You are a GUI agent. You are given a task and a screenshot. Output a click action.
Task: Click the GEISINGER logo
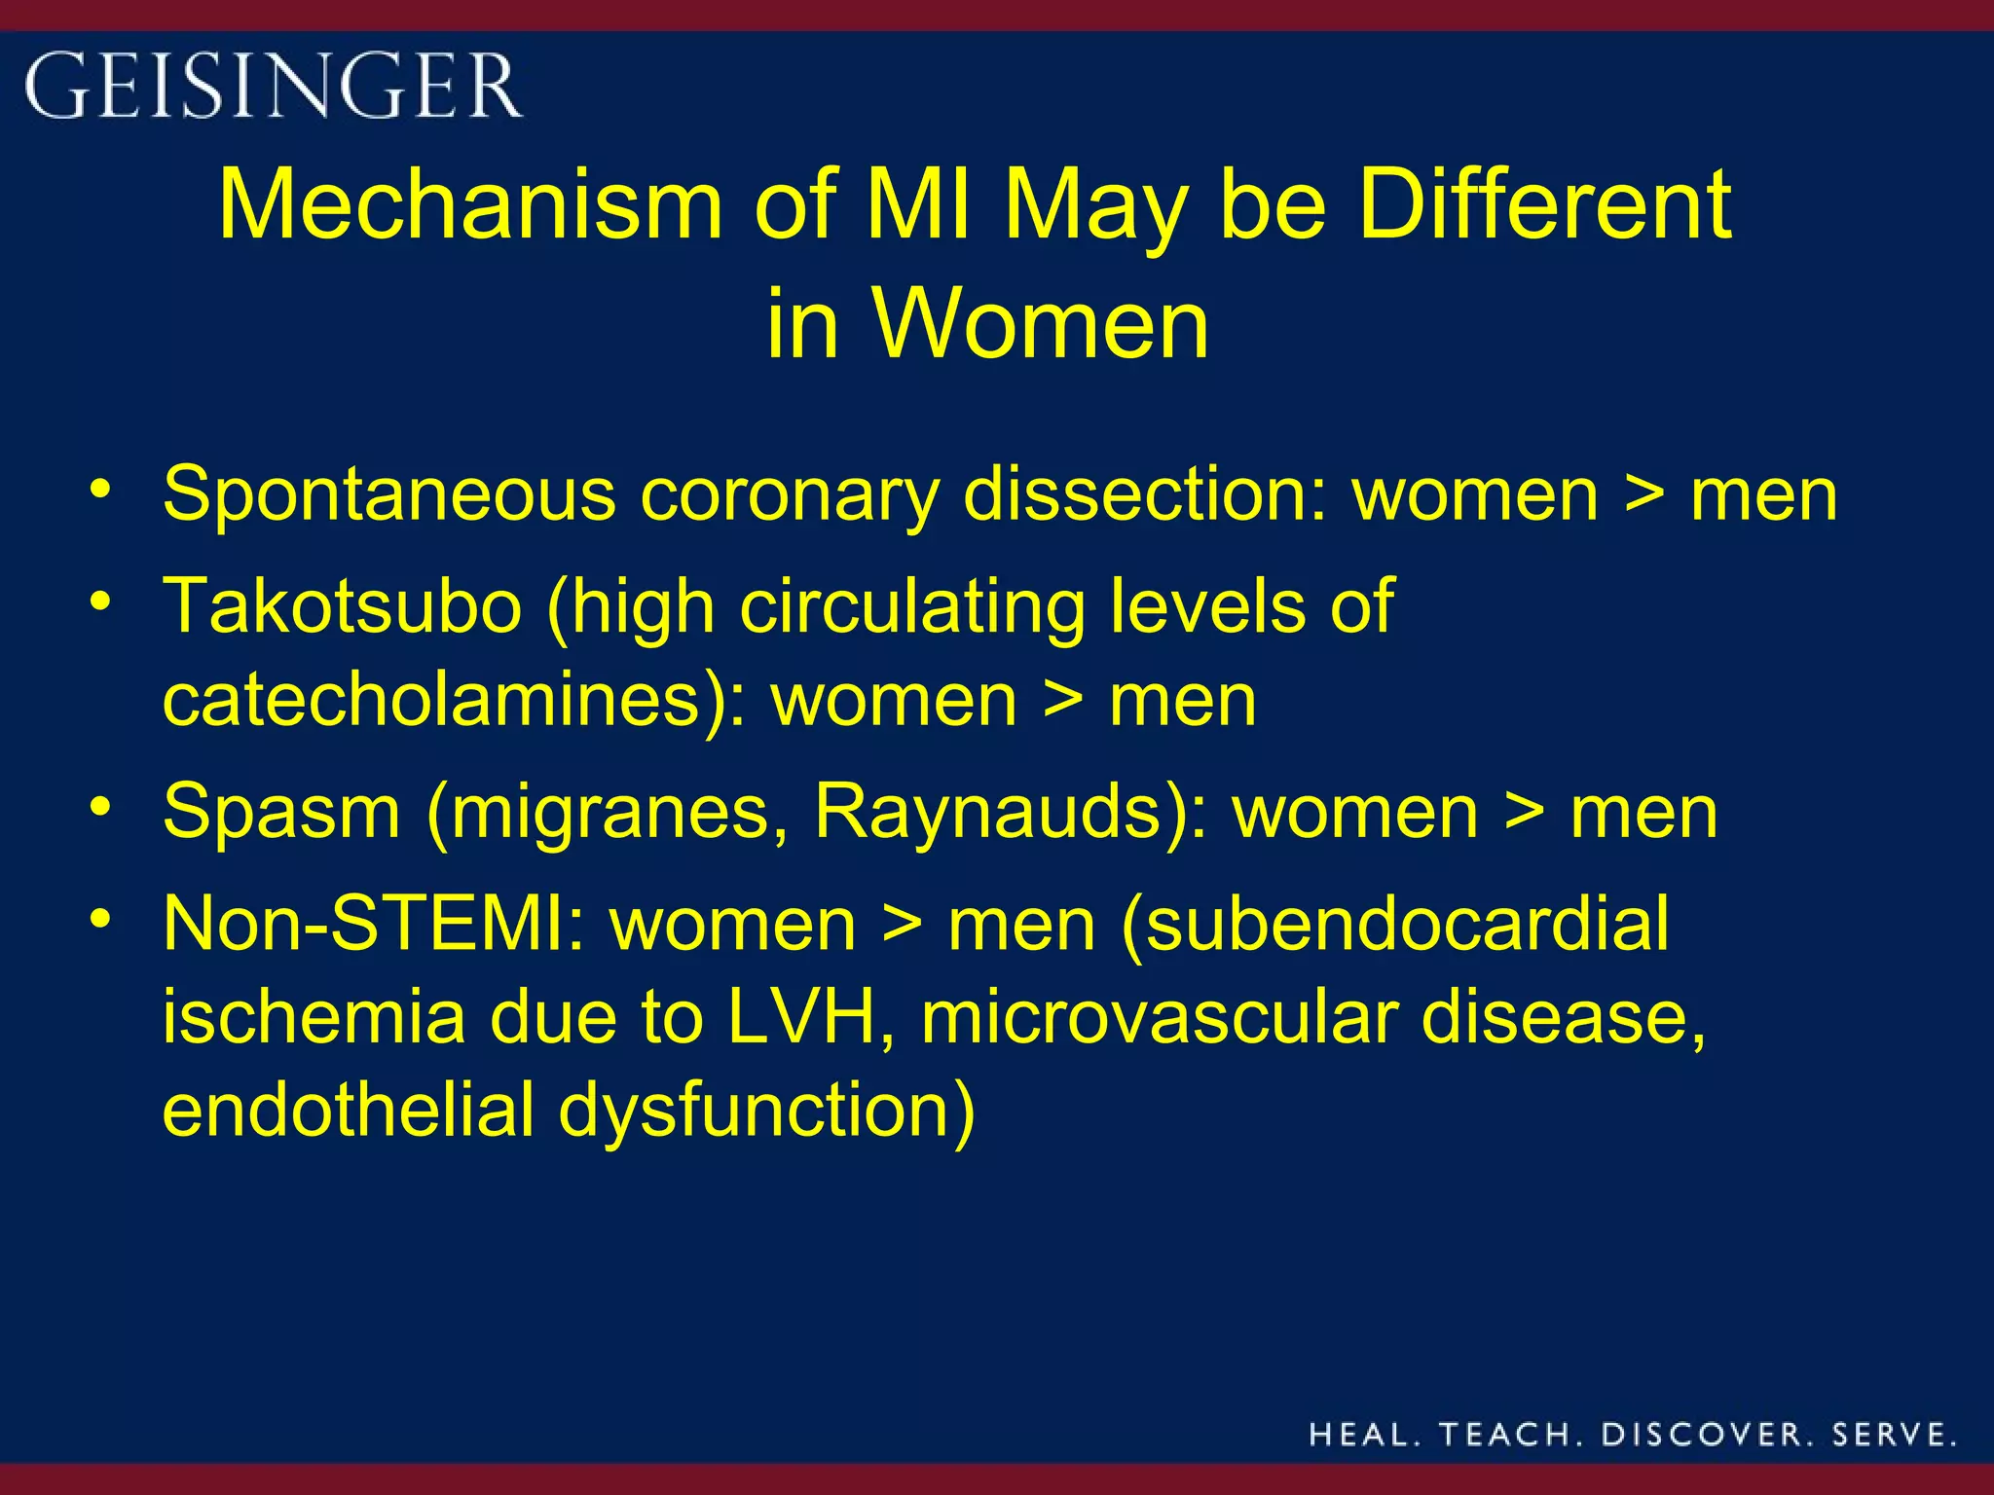click(273, 86)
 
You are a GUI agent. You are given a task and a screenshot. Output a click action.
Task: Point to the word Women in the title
click(1041, 323)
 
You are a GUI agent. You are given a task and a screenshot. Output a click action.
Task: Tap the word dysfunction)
click(766, 1112)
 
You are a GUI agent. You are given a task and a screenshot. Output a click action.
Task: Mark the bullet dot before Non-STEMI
click(100, 918)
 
